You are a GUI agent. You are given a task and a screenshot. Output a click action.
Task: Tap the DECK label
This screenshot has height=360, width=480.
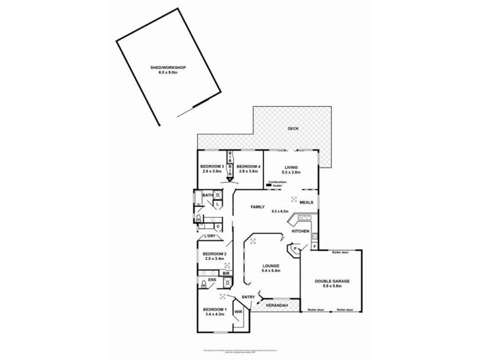(292, 128)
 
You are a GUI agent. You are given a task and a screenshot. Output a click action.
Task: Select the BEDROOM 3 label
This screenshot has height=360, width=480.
(212, 166)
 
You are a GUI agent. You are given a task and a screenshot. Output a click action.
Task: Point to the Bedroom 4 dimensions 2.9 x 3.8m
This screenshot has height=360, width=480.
(248, 172)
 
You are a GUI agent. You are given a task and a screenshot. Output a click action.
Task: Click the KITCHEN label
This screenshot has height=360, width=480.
(300, 231)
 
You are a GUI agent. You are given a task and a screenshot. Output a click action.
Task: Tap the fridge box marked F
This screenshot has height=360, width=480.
(314, 247)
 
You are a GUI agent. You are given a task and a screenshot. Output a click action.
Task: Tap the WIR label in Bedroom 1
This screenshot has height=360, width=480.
(238, 313)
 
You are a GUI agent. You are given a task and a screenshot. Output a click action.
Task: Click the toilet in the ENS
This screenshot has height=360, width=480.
(205, 284)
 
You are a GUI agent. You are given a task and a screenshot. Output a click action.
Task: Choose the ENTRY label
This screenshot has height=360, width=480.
(248, 297)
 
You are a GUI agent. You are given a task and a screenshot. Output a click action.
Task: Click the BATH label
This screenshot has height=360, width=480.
(206, 196)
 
